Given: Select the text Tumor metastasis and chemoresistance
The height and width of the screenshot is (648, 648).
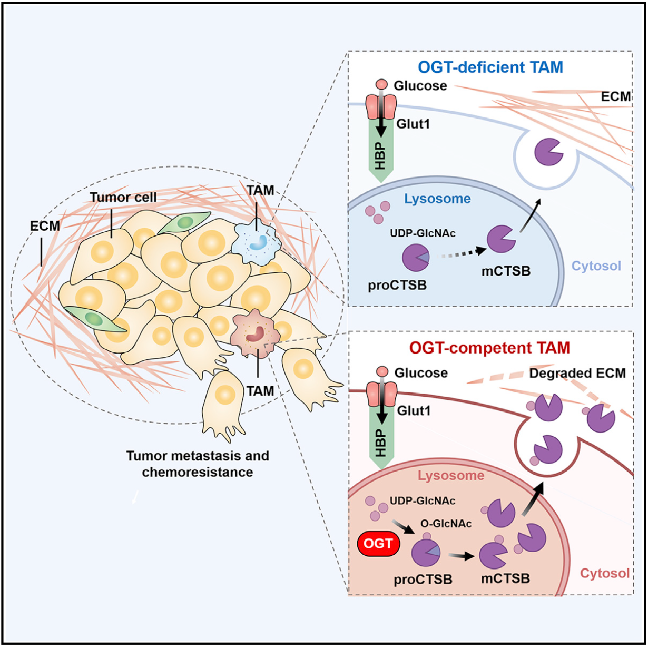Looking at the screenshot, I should click(x=198, y=463).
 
